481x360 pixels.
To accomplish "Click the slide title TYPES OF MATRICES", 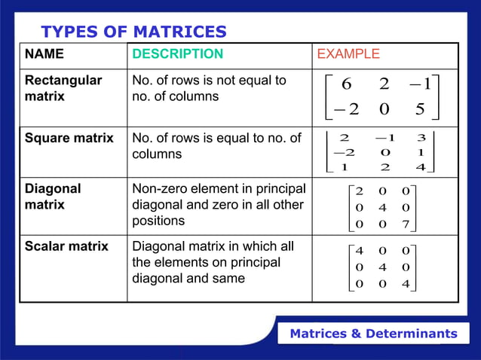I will (133, 32).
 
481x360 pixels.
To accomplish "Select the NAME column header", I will (44, 54).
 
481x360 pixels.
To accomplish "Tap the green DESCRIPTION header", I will (178, 54).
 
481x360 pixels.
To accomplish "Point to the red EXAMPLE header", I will (348, 54).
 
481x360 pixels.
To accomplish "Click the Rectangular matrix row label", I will (56, 88).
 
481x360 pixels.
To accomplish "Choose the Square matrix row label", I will (69, 138).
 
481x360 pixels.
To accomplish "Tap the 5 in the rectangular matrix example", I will (420, 109).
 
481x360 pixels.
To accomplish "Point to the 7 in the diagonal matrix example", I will (405, 224).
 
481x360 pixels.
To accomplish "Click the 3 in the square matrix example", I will (421, 138).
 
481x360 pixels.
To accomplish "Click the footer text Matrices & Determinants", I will (374, 334).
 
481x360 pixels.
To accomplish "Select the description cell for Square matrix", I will (216, 145).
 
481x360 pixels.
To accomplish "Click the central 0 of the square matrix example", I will (381, 152).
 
